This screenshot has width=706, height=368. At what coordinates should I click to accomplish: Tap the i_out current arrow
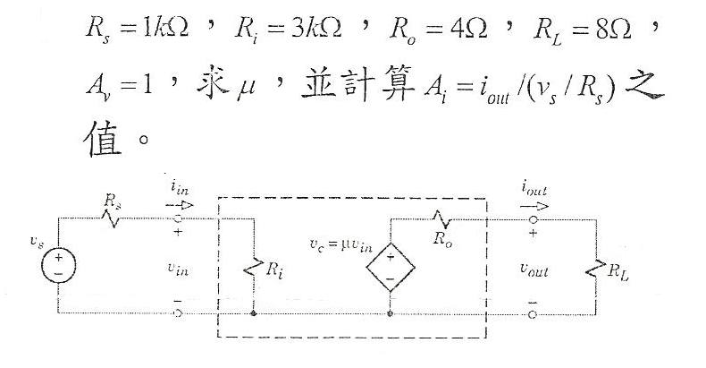534,203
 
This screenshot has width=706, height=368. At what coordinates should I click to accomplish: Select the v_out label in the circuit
534,266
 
